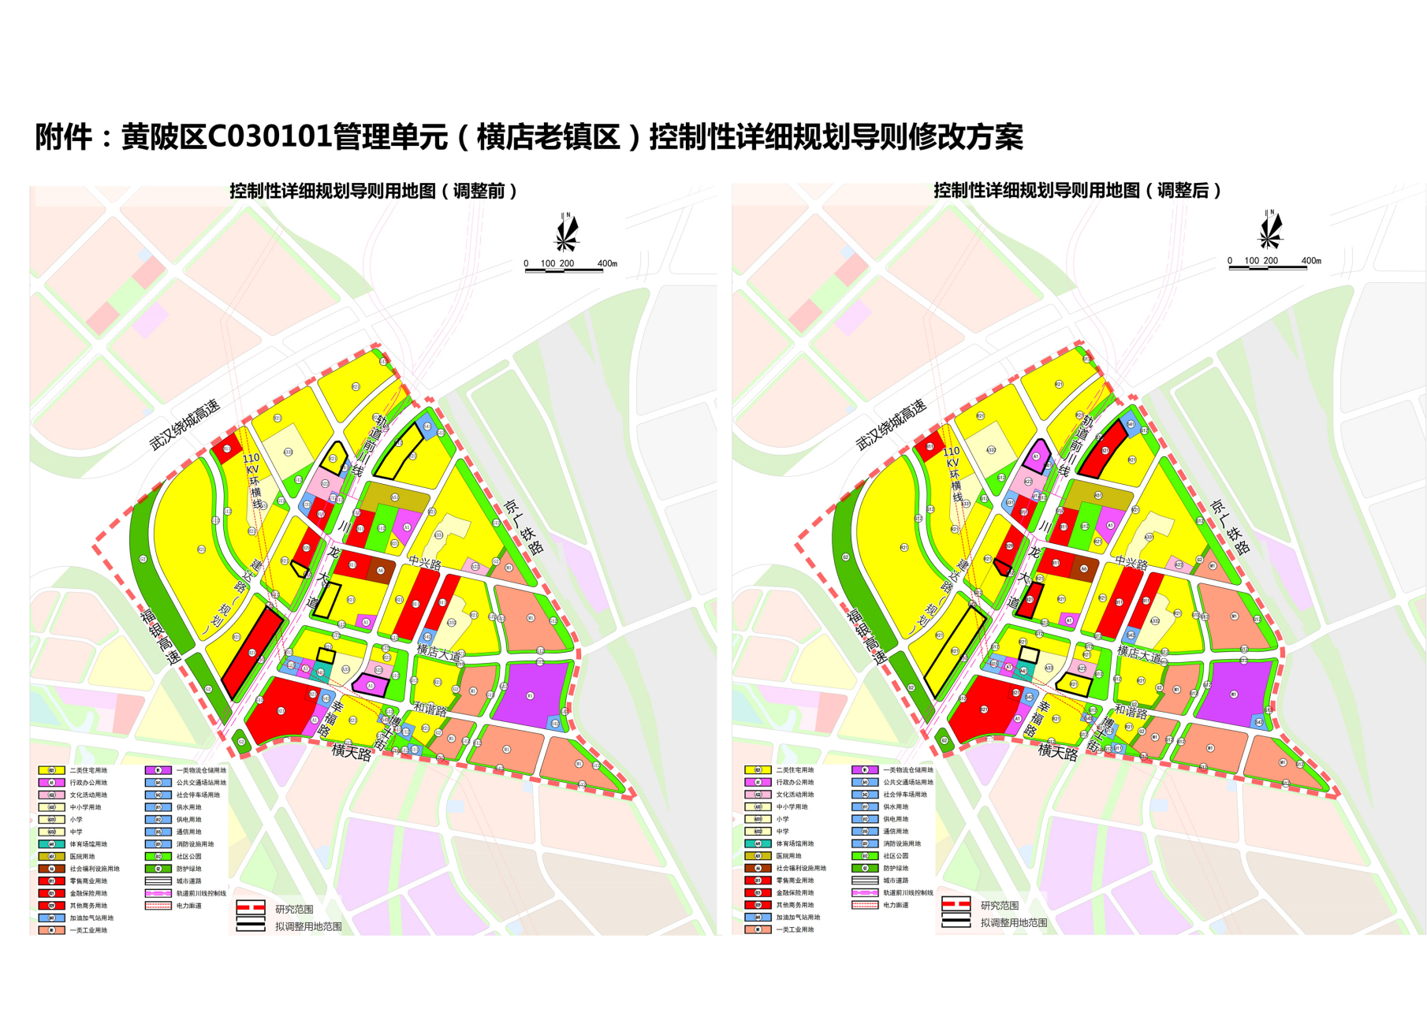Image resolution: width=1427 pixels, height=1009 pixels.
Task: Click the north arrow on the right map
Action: pos(1270,229)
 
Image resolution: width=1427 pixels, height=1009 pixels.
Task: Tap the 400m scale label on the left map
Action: pos(607,263)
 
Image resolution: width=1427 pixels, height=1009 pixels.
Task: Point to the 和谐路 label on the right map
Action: pos(1131,711)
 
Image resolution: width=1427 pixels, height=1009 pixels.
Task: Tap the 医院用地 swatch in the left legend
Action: pos(52,856)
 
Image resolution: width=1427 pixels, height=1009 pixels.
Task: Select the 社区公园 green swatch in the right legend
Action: pos(865,855)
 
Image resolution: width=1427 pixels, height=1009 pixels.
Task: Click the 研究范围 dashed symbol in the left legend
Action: pos(251,907)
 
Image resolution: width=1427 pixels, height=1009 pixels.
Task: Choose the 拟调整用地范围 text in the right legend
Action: pos(1014,922)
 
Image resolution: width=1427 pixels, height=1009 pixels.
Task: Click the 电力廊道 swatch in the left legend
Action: pos(158,906)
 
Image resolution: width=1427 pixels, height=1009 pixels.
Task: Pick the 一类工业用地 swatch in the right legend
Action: pos(758,929)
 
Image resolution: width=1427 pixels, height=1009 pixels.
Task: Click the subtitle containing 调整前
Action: pos(372,191)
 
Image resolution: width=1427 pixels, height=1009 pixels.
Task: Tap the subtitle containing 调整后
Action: pos(1077,190)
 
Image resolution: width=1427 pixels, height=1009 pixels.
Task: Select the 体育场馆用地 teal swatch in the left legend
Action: pos(52,844)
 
